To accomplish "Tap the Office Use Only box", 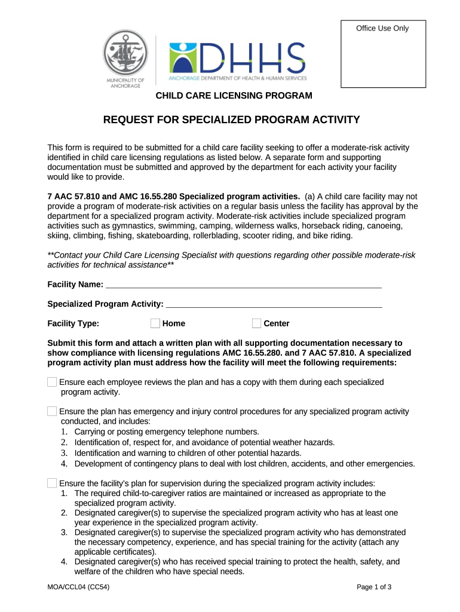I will [x=382, y=54].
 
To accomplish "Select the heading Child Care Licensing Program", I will [x=234, y=96].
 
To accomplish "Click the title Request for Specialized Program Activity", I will [x=232, y=120].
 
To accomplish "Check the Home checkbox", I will [x=155, y=323].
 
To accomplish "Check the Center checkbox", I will [x=257, y=323].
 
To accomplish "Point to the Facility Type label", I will [x=73, y=323].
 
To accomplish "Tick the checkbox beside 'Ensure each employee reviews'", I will [x=52, y=382].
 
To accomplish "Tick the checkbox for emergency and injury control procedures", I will [x=52, y=411].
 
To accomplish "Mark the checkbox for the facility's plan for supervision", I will [x=52, y=483].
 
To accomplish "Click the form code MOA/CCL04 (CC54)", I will [x=78, y=586].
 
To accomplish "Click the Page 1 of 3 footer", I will [x=374, y=586].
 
